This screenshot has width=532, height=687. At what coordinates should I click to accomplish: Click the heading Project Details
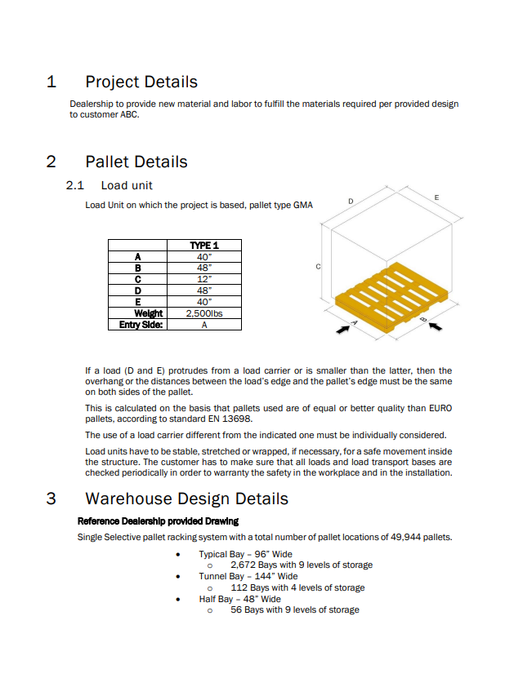pyautogui.click(x=141, y=82)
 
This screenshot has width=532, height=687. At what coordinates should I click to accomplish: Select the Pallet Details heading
pyautogui.click(x=136, y=162)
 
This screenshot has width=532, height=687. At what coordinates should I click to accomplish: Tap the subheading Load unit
pyautogui.click(x=127, y=185)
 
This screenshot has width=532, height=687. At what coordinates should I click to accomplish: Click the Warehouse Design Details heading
pyautogui.click(x=186, y=499)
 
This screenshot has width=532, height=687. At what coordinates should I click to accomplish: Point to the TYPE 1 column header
pyautogui.click(x=204, y=245)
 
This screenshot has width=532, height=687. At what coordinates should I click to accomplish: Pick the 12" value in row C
pyautogui.click(x=204, y=278)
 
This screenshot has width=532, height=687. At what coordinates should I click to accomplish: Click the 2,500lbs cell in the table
pyautogui.click(x=204, y=312)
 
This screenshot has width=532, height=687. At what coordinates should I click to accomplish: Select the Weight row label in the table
pyautogui.click(x=149, y=312)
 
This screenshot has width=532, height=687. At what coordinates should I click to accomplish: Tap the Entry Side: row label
pyautogui.click(x=136, y=324)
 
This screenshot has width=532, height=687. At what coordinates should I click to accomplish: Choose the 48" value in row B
pyautogui.click(x=204, y=267)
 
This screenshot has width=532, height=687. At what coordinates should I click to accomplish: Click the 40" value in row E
pyautogui.click(x=204, y=301)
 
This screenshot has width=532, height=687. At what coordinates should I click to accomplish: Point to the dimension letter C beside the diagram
pyautogui.click(x=318, y=267)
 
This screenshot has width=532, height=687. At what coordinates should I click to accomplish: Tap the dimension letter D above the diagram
pyautogui.click(x=351, y=200)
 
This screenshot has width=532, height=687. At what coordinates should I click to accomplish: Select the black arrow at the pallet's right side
pyautogui.click(x=437, y=326)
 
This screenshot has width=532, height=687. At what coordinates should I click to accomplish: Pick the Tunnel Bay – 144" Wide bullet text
pyautogui.click(x=248, y=576)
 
